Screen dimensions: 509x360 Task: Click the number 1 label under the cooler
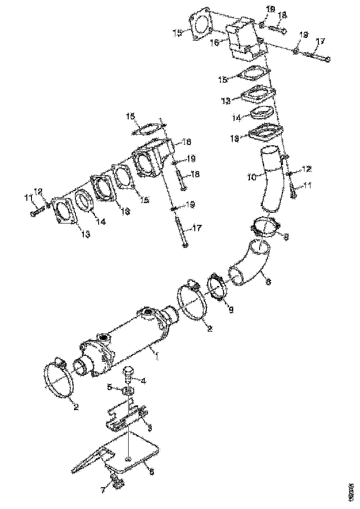click(157, 356)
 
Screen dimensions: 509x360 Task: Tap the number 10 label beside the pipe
click(251, 177)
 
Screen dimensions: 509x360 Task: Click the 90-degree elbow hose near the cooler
click(250, 266)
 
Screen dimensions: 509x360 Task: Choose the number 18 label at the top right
click(282, 15)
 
